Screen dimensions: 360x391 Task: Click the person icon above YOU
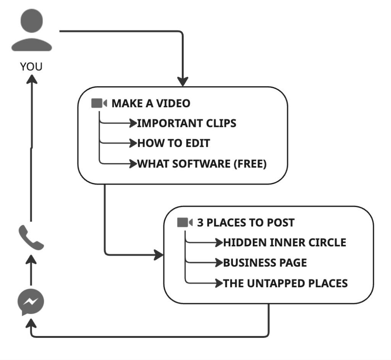pyautogui.click(x=31, y=31)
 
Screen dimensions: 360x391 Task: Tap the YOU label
pyautogui.click(x=31, y=67)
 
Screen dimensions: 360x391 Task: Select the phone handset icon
pyautogui.click(x=31, y=238)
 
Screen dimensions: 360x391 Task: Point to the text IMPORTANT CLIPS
pyautogui.click(x=186, y=123)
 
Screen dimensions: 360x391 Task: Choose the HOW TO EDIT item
pyautogui.click(x=173, y=143)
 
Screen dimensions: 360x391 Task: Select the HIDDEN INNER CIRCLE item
pyautogui.click(x=284, y=243)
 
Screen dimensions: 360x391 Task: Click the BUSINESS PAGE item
pyautogui.click(x=265, y=263)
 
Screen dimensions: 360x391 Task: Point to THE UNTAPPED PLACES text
pyautogui.click(x=285, y=283)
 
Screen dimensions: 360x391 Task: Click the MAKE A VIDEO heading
pyautogui.click(x=151, y=103)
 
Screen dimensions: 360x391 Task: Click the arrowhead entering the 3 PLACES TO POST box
pyautogui.click(x=158, y=255)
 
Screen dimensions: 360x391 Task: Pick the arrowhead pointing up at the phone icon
pyautogui.click(x=32, y=260)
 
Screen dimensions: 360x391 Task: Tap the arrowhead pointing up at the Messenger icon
pyautogui.click(x=32, y=323)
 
